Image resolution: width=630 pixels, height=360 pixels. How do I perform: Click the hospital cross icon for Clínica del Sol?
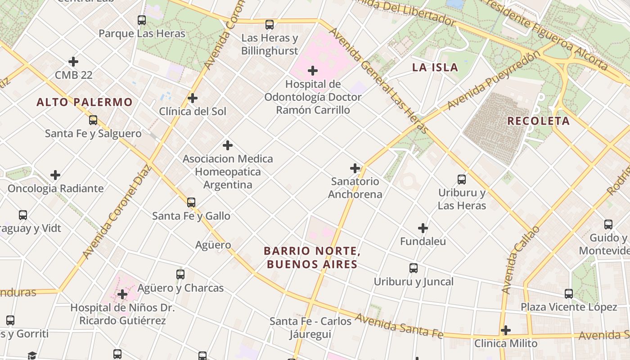193,98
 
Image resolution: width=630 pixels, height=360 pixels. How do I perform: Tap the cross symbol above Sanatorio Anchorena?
355,168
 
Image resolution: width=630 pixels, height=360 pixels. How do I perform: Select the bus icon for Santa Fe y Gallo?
191,202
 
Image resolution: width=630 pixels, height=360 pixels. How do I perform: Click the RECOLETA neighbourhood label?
538,121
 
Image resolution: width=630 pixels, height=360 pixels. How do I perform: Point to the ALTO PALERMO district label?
85,102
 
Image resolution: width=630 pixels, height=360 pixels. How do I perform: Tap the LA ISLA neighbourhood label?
435,67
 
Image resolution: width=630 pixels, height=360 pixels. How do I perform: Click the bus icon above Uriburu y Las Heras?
462,180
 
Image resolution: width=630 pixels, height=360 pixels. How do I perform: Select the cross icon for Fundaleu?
423,228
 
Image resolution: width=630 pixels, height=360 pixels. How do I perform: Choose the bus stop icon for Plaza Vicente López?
569,294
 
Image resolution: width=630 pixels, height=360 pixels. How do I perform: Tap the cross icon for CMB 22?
73,62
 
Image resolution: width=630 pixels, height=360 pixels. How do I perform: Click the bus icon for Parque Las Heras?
142,20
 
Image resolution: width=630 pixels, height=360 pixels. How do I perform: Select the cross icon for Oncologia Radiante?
55,175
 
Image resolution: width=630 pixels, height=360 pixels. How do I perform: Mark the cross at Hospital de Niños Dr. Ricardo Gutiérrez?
122,295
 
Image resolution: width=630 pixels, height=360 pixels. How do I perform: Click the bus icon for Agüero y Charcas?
180,274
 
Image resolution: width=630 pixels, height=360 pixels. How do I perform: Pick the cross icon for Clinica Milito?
506,330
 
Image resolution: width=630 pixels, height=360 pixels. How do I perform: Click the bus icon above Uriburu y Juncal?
414,268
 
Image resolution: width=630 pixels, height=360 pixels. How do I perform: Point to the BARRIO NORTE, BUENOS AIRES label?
312,257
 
